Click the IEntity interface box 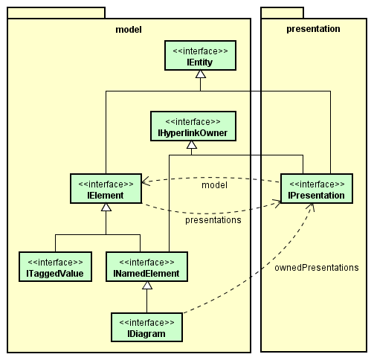(x=200, y=57)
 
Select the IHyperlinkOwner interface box (x=193, y=127)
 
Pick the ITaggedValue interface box (x=55, y=267)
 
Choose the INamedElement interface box (x=146, y=267)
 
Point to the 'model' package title (x=129, y=29)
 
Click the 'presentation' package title (x=313, y=29)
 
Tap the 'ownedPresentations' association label (x=316, y=267)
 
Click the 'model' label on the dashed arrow (x=214, y=184)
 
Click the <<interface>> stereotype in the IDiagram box (x=146, y=322)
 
